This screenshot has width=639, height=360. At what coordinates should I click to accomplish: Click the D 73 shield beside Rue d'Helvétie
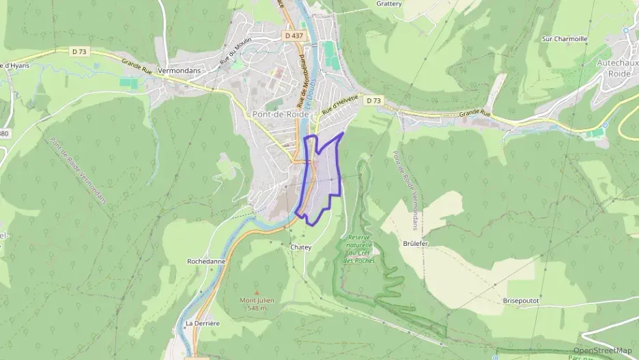(373, 100)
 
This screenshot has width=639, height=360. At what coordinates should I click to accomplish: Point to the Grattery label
(389, 3)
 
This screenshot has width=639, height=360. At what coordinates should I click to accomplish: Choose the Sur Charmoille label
(565, 39)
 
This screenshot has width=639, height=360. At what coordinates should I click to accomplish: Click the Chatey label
(300, 247)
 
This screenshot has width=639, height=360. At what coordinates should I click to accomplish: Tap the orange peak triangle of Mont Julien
(257, 292)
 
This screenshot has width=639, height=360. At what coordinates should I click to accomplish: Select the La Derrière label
(202, 323)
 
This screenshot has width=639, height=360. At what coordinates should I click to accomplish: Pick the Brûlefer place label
(415, 242)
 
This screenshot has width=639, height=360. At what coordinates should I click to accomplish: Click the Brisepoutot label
(521, 301)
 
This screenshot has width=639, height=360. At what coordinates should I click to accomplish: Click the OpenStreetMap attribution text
(602, 350)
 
